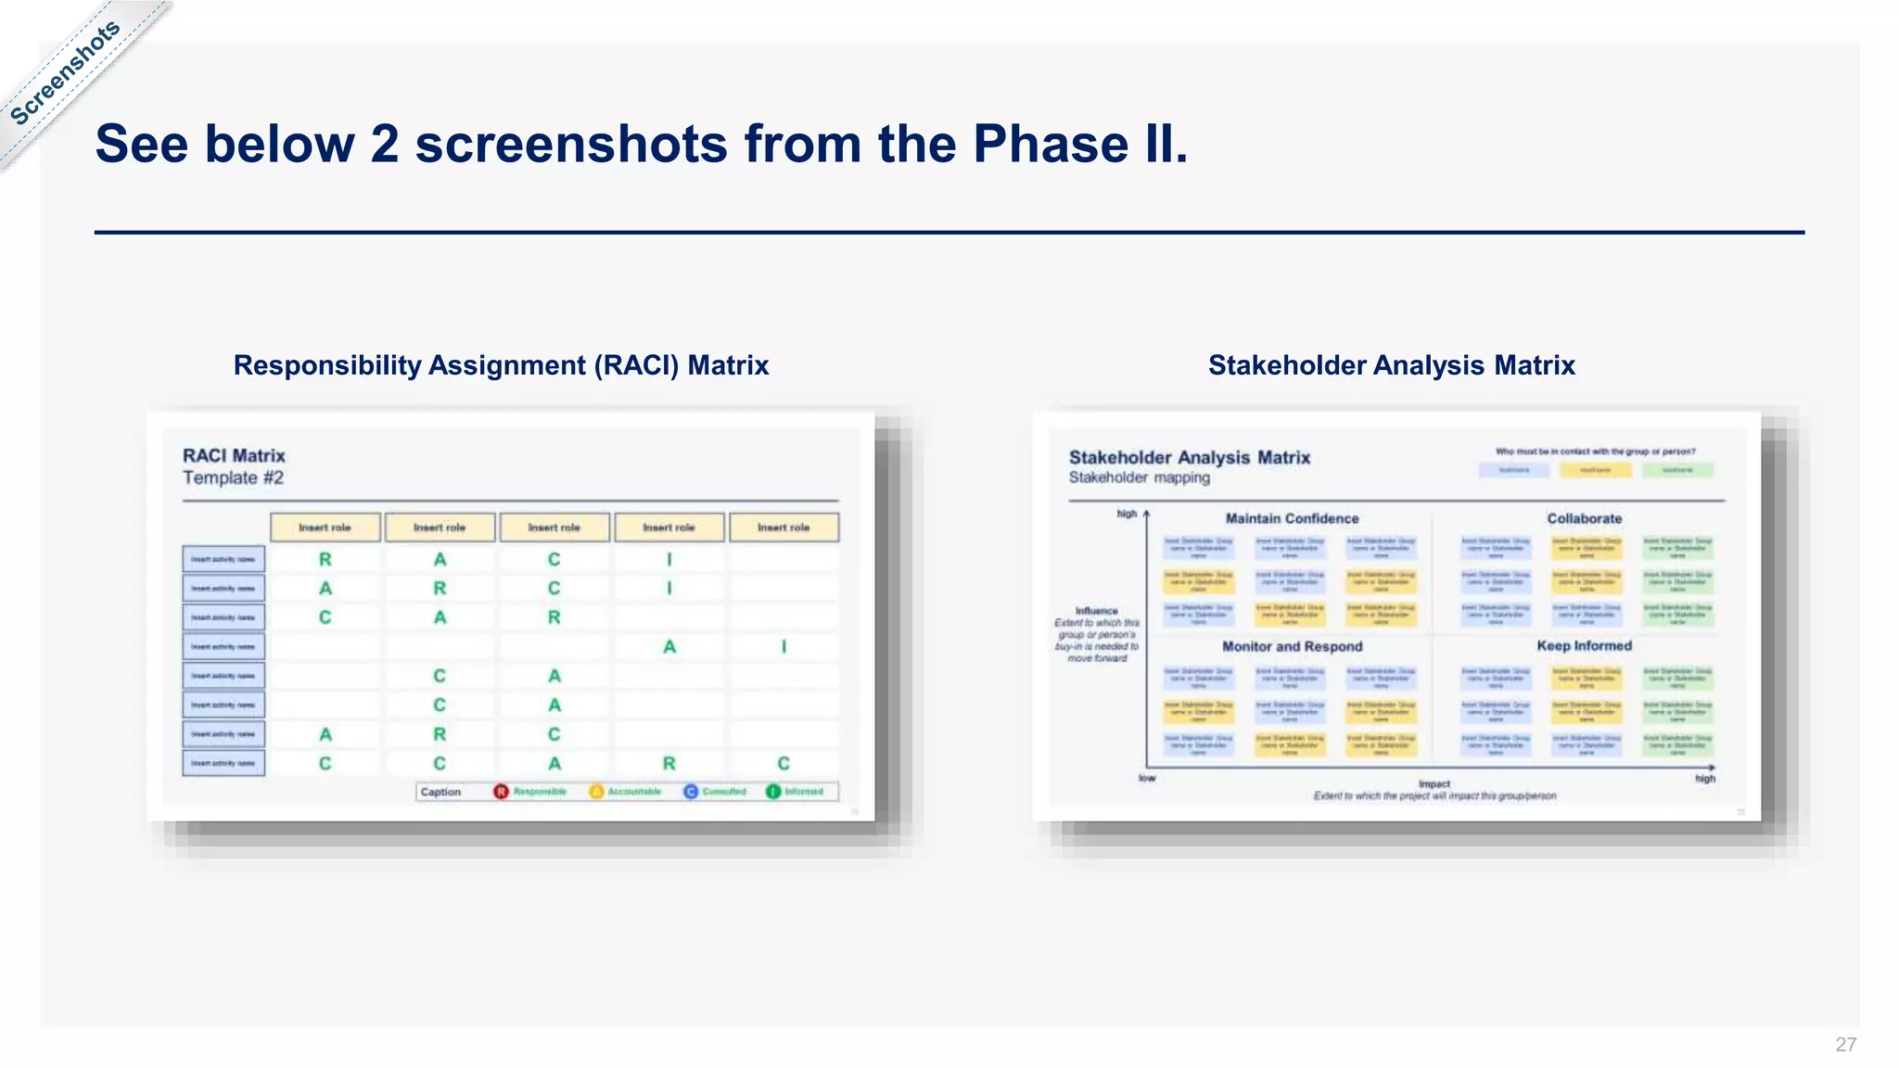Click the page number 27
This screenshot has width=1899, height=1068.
(x=1845, y=1045)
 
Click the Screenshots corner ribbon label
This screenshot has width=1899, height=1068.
(x=65, y=72)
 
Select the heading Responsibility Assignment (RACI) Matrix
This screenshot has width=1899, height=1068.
(x=501, y=365)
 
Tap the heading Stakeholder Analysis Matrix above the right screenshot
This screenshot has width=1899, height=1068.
(x=1391, y=365)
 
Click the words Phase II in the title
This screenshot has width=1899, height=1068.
(x=1078, y=145)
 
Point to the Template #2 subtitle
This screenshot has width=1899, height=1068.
(x=233, y=478)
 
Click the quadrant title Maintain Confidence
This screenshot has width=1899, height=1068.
(x=1292, y=519)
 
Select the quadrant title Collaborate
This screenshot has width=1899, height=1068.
(x=1584, y=519)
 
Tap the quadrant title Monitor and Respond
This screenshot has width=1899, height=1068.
(x=1292, y=647)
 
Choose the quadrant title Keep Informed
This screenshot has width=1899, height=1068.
(x=1584, y=646)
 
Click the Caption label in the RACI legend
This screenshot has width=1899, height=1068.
(x=440, y=792)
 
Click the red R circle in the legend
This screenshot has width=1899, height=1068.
(x=502, y=792)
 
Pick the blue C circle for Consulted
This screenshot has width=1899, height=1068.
(x=691, y=792)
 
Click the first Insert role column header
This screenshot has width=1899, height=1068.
(x=325, y=528)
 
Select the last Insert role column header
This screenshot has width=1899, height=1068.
(x=784, y=528)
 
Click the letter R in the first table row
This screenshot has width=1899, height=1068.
(x=325, y=560)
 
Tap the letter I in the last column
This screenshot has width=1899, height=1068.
(x=784, y=647)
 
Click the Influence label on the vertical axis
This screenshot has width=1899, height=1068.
(x=1097, y=611)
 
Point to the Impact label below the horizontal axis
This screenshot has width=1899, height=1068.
(x=1434, y=784)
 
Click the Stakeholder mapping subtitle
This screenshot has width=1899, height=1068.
(x=1139, y=478)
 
